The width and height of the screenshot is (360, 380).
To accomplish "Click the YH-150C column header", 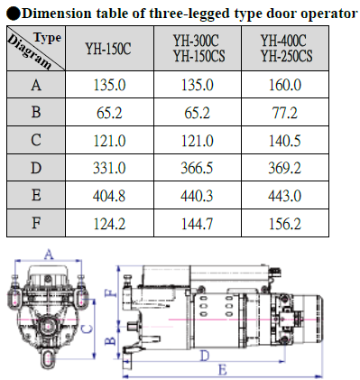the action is (108, 49).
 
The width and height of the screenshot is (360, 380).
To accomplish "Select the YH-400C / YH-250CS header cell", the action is (286, 49).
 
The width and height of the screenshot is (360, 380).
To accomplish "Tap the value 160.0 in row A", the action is (285, 85).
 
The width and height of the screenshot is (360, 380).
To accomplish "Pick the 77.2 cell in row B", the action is (285, 113).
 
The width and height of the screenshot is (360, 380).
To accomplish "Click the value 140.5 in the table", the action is (285, 141).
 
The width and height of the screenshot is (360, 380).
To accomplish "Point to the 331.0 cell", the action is (109, 168).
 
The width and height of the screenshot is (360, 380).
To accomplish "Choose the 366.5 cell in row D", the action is (197, 168).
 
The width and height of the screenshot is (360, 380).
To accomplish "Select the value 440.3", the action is (197, 196).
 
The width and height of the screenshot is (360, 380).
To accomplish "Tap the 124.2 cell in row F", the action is (109, 224).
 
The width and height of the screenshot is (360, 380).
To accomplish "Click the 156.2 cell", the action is (285, 224).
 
